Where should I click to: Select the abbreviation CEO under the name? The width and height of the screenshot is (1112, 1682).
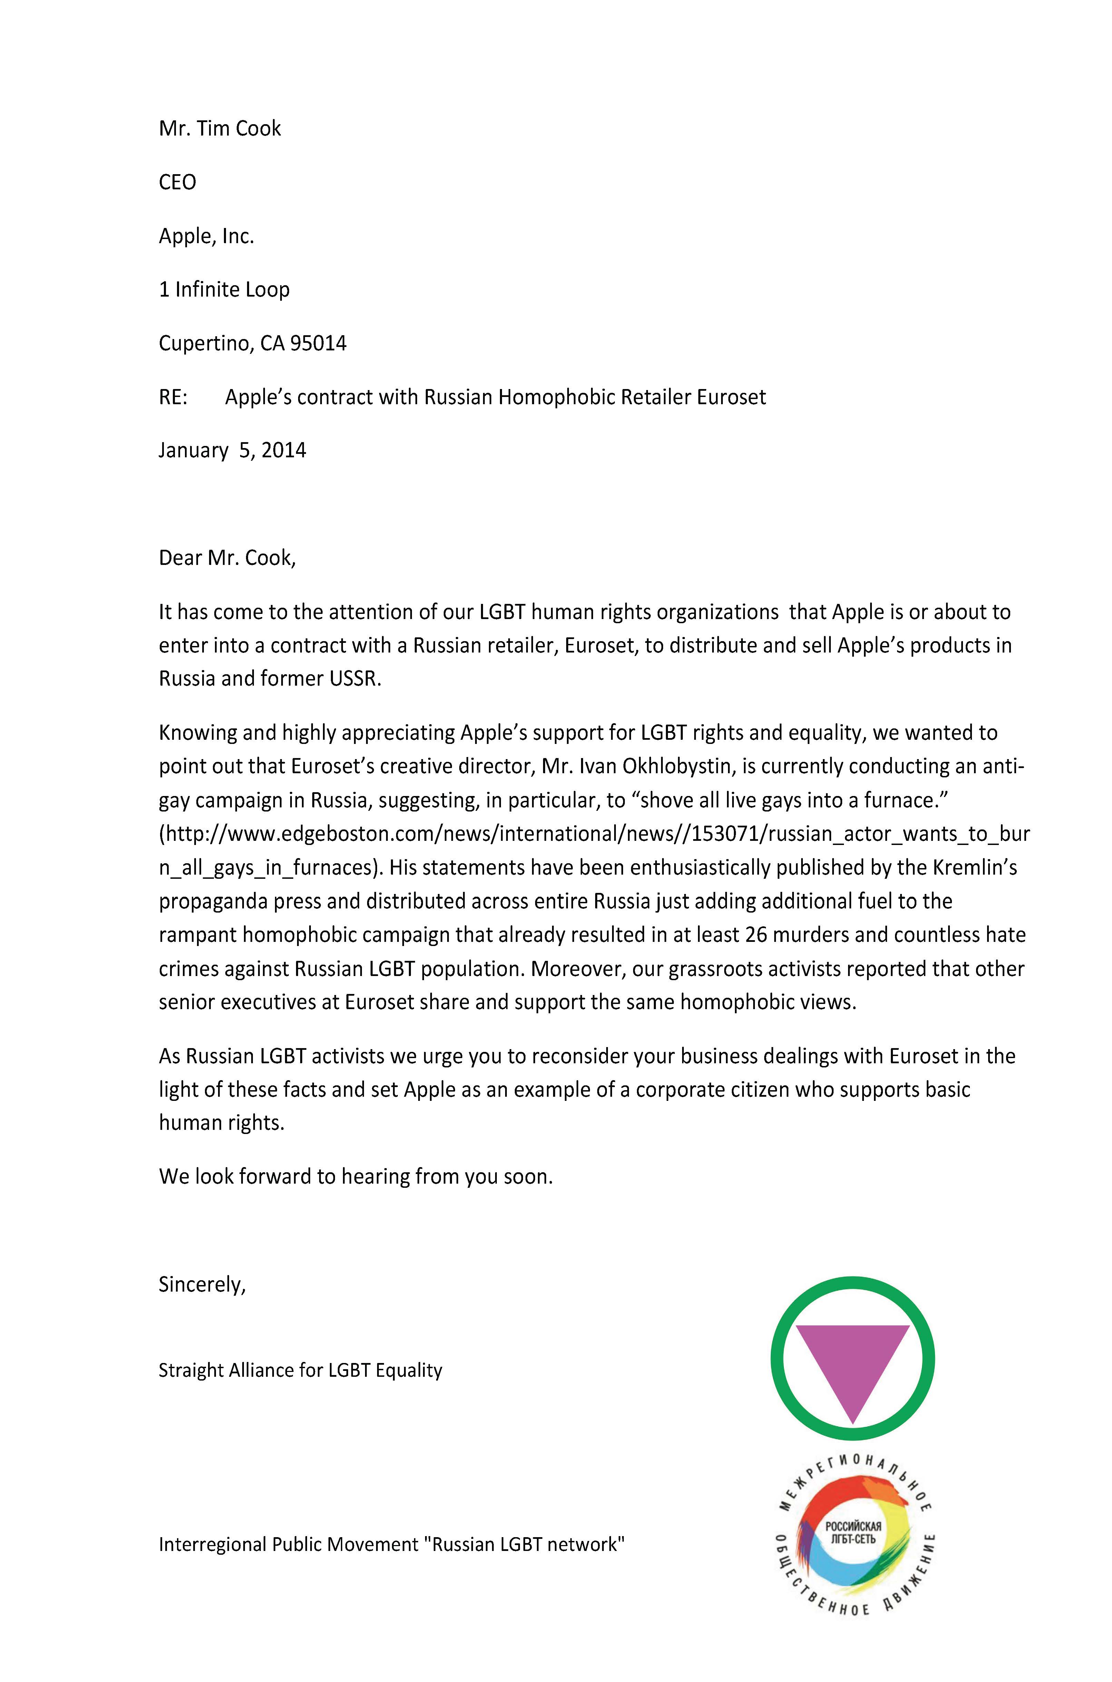point(177,182)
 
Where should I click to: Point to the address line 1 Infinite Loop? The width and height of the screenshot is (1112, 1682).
point(224,289)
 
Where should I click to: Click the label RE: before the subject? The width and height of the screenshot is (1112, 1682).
point(173,397)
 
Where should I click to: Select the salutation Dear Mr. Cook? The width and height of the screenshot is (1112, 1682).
point(227,558)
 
